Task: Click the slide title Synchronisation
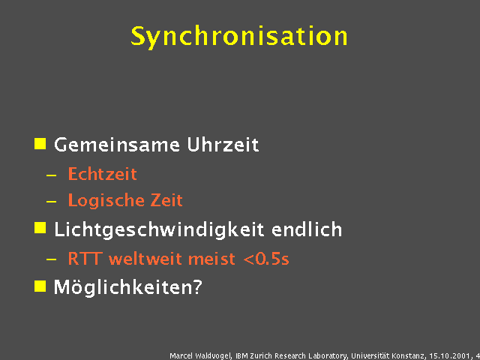(239, 36)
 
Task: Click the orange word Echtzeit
(102, 174)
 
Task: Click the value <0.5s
(265, 259)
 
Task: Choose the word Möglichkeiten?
(128, 287)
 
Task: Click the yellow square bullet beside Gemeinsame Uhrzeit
(40, 142)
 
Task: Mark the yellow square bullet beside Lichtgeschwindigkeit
(40, 227)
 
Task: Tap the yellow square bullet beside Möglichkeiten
(40, 285)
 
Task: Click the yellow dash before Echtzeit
(51, 175)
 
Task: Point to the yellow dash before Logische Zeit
(51, 202)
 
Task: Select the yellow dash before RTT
(51, 260)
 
